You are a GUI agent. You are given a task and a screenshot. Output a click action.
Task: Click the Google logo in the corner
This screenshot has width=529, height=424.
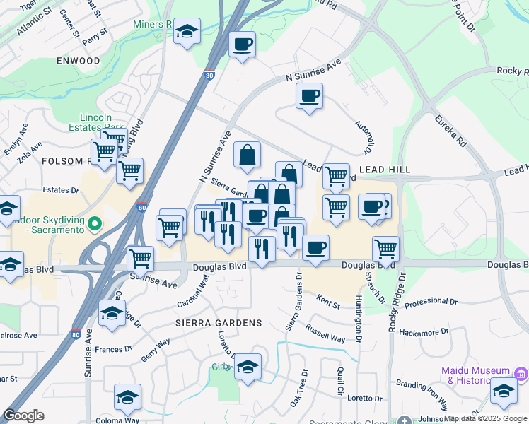[x=23, y=416]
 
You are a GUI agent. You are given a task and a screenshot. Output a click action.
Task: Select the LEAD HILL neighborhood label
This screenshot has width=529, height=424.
[x=384, y=170]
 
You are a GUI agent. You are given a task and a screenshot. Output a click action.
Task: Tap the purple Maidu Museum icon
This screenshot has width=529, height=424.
[x=521, y=372]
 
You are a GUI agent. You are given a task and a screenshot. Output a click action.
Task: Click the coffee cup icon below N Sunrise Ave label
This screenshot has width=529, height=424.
[x=309, y=95]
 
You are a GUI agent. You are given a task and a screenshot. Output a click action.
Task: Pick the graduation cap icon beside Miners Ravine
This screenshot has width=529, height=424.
[x=187, y=32]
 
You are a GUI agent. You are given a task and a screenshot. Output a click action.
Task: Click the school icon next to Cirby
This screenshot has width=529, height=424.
[x=248, y=367]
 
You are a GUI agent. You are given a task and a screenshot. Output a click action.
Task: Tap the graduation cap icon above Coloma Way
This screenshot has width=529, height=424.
[x=127, y=397]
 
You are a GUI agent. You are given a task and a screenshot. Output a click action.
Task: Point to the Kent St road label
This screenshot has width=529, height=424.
[x=328, y=303]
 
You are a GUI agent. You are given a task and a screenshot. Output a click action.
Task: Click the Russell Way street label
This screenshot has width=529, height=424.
[x=325, y=334]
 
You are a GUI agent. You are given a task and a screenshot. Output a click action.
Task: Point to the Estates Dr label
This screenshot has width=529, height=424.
[x=61, y=190]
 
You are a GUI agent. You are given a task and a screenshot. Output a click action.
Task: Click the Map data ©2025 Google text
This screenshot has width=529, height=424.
[x=485, y=418]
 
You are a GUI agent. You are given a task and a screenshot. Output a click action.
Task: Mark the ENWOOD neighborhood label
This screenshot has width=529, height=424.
[x=79, y=61]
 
